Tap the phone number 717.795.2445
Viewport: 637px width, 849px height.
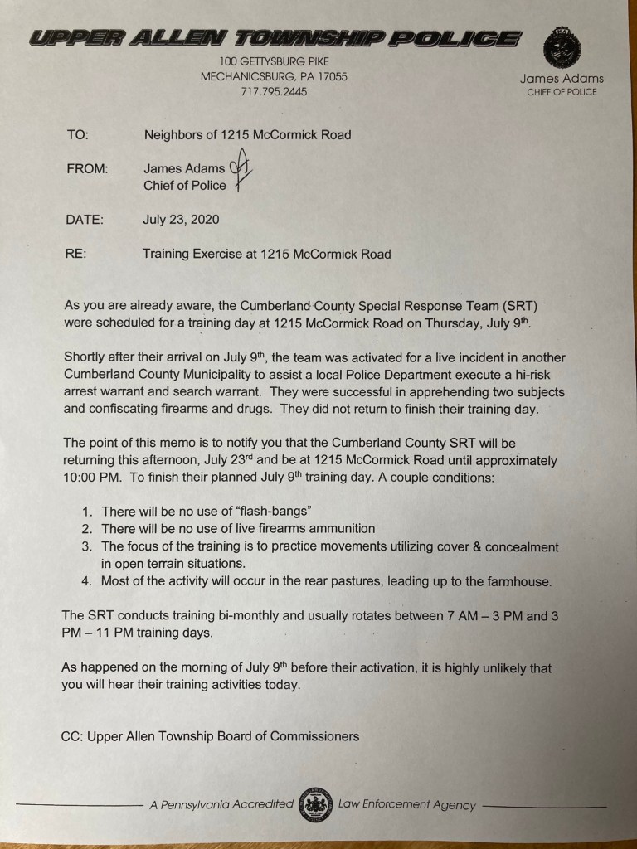(x=274, y=92)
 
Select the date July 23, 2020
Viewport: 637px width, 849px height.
(x=182, y=220)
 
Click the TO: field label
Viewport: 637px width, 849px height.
(x=77, y=134)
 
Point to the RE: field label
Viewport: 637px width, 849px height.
(x=77, y=254)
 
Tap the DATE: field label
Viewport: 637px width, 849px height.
(x=85, y=220)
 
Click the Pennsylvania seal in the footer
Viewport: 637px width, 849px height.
(x=316, y=804)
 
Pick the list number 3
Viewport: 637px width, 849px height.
(x=86, y=546)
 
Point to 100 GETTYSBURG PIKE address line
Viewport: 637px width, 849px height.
(x=274, y=61)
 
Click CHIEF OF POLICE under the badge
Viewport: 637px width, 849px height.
(x=562, y=92)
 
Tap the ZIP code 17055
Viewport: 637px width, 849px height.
(x=330, y=76)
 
